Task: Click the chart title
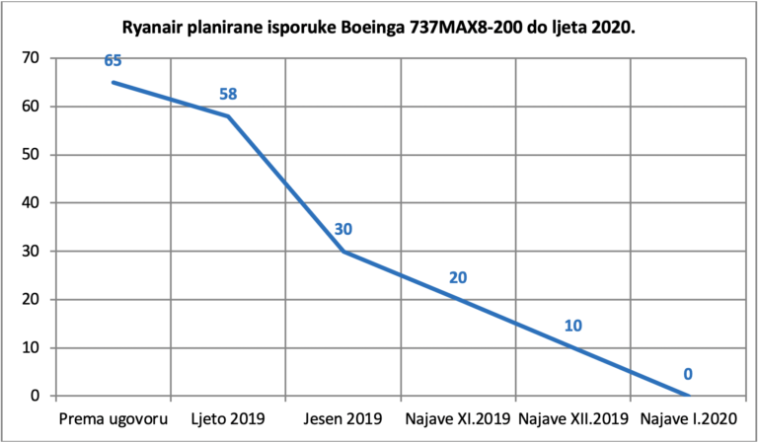379,29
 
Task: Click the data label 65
113,61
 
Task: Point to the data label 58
228,94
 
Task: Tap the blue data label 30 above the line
343,229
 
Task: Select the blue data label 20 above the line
458,278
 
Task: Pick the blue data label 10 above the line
573,326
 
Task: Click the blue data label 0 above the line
688,374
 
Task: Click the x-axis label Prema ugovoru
114,419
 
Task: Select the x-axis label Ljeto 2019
228,419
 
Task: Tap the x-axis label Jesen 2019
343,419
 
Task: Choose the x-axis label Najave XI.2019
458,419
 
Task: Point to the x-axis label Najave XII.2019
573,419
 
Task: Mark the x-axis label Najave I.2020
688,419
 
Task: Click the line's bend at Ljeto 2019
228,116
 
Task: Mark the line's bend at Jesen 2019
343,252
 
